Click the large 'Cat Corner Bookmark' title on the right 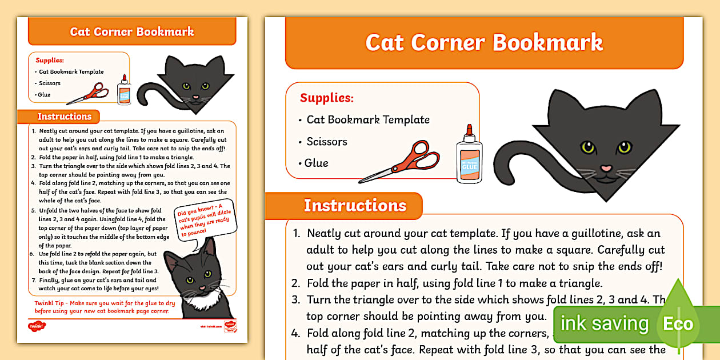[x=484, y=43]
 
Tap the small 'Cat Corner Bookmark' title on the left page [x=132, y=31]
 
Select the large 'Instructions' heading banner [x=355, y=206]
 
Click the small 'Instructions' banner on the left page [x=64, y=117]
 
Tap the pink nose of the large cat [x=606, y=169]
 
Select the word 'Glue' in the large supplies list [x=317, y=163]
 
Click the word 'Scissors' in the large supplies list [x=327, y=142]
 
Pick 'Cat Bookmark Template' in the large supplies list [x=368, y=120]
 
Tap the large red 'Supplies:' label [x=327, y=98]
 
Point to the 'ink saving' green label [x=605, y=324]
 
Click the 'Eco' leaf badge [x=678, y=324]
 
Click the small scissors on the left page [x=88, y=93]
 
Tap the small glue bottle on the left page [x=123, y=90]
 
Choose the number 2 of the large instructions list [x=296, y=283]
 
